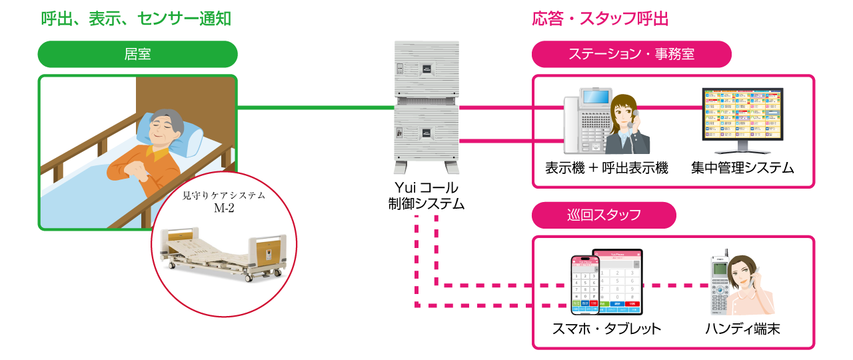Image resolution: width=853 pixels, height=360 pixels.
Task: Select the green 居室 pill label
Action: click(137, 55)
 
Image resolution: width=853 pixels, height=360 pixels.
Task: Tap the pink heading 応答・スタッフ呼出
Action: click(600, 19)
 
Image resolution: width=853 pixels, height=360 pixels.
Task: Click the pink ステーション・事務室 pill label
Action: click(631, 55)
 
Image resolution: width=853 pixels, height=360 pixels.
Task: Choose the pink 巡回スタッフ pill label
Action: click(604, 215)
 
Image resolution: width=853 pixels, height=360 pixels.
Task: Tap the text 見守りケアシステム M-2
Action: click(224, 201)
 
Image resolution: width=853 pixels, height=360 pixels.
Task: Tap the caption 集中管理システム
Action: click(742, 167)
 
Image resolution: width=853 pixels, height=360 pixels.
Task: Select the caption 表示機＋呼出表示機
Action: click(606, 167)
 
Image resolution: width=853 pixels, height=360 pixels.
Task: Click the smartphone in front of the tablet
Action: click(584, 285)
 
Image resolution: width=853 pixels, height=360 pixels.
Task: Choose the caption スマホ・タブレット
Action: click(606, 329)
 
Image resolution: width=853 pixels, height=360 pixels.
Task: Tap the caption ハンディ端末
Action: click(742, 329)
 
